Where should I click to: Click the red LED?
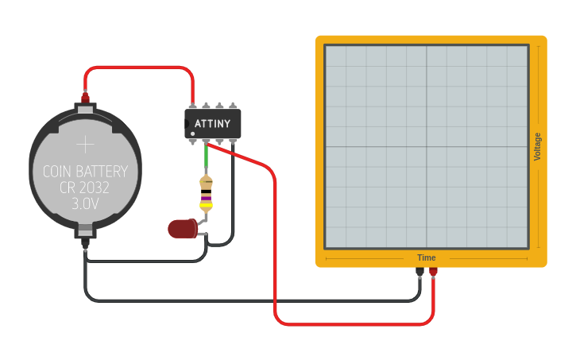click(x=183, y=229)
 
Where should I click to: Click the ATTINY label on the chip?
click(x=212, y=123)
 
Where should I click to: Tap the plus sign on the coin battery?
click(x=85, y=144)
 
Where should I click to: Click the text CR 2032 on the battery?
click(x=85, y=188)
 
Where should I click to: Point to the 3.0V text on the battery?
click(x=85, y=203)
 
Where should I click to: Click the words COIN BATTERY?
click(x=85, y=171)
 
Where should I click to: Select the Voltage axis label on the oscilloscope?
click(x=538, y=146)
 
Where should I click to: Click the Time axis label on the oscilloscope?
click(x=427, y=257)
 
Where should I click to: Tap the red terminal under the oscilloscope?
click(x=433, y=273)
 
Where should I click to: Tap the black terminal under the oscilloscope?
click(x=419, y=273)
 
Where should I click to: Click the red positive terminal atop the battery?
click(x=85, y=99)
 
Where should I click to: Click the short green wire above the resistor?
click(x=206, y=159)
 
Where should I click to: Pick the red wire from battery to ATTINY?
click(x=139, y=68)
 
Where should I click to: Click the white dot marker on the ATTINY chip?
click(x=192, y=133)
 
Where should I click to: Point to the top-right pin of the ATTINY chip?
click(x=233, y=105)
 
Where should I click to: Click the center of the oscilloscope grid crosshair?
click(x=427, y=146)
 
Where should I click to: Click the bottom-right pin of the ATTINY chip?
click(x=233, y=142)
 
